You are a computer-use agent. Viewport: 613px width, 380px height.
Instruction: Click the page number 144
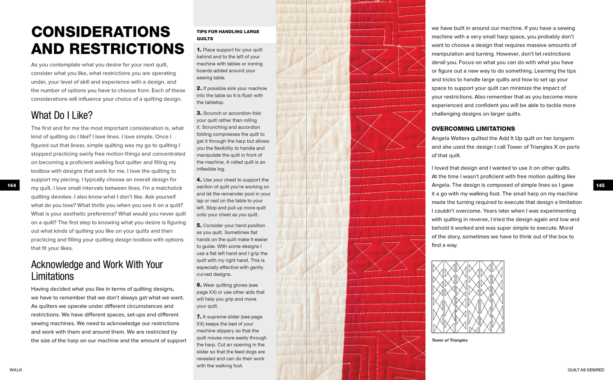tap(11, 185)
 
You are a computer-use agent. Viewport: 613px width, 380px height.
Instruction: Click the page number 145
tap(600, 185)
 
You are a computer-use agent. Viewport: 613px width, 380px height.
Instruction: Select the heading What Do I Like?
tap(62, 115)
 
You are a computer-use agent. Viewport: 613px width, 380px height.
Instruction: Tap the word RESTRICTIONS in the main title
tap(127, 49)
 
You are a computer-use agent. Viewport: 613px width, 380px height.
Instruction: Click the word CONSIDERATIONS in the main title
tap(101, 32)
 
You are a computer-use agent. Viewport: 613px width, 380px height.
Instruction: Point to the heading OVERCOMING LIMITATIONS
tap(473, 129)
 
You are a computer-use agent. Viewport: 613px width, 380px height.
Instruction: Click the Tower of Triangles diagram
tap(467, 297)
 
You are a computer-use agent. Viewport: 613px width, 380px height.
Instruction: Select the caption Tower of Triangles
tap(449, 340)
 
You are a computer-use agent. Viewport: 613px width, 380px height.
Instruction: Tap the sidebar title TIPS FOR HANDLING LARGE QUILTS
tap(228, 35)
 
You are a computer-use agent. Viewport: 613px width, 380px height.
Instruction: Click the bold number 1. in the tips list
tap(199, 50)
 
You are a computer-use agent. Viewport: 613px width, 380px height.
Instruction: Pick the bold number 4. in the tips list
tap(199, 180)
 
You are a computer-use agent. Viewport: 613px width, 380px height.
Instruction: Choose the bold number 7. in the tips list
tap(199, 316)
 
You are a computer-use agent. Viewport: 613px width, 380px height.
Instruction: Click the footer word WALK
tap(16, 370)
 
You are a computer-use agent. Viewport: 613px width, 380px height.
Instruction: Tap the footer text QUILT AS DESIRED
tap(585, 370)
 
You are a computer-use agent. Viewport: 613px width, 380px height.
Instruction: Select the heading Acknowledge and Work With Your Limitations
tap(97, 270)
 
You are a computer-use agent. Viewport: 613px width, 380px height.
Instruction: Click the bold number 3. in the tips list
tap(199, 113)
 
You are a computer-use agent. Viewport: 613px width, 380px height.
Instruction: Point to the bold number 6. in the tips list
tap(199, 285)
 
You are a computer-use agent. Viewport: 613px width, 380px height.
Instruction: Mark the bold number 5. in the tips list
tap(199, 225)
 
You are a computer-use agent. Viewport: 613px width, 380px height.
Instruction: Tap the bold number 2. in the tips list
tap(199, 88)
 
